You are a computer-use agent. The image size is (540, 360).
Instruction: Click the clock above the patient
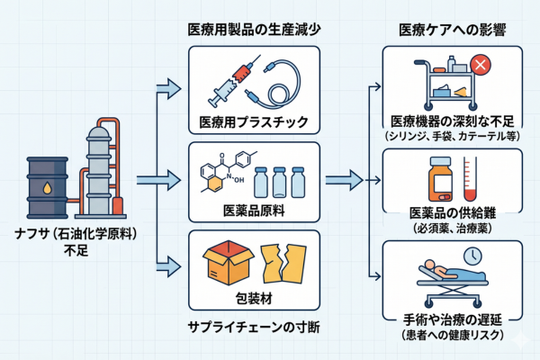click(472, 257)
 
